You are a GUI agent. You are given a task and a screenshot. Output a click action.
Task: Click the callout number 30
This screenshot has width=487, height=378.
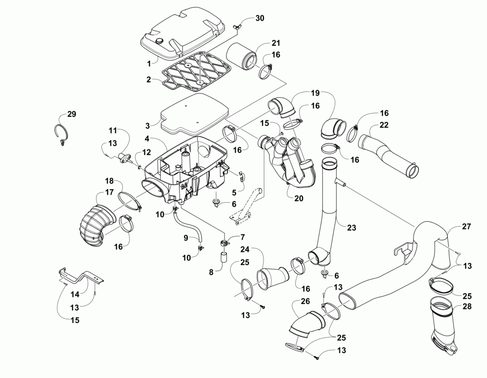tap(260, 18)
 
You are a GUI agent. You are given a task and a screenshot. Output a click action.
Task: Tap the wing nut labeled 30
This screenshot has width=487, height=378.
tap(237, 27)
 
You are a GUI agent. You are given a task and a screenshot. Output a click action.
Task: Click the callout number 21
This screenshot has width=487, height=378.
tap(276, 43)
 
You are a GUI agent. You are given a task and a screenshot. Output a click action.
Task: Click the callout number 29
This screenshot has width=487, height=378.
tap(72, 114)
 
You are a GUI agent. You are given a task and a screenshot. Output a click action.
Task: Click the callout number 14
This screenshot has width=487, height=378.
tap(75, 294)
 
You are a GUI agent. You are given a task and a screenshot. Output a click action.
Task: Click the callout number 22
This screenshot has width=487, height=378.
tap(384, 125)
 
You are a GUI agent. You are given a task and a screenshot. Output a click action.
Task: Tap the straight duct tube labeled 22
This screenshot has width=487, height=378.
tap(388, 156)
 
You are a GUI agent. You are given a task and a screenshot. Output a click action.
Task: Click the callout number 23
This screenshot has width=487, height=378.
tap(351, 227)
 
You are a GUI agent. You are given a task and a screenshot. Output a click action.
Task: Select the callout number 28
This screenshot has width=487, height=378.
tap(467, 306)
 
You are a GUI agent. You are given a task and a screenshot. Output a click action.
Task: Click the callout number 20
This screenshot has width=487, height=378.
tap(299, 198)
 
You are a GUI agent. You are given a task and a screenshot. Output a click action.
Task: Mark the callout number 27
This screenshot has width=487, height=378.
tap(466, 227)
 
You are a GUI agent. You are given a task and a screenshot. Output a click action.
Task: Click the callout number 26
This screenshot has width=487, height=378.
tap(305, 302)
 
